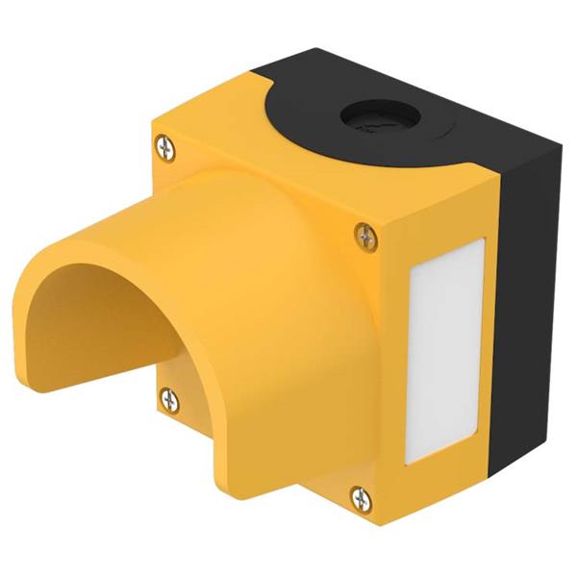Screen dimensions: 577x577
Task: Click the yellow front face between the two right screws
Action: coord(370,365)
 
